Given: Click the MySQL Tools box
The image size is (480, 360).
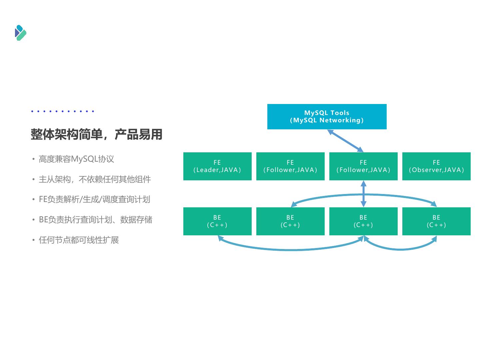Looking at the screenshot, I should pyautogui.click(x=327, y=116).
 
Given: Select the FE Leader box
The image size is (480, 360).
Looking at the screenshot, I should pyautogui.click(x=217, y=166).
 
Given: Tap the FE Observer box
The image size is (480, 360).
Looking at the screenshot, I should pyautogui.click(x=436, y=166).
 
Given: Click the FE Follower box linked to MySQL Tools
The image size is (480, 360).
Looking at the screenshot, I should pyautogui.click(x=363, y=166).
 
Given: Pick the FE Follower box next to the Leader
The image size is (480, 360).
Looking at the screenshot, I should pyautogui.click(x=290, y=166).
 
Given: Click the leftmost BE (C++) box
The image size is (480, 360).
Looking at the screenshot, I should pyautogui.click(x=217, y=221).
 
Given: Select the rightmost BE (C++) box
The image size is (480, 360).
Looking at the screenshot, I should pyautogui.click(x=436, y=221).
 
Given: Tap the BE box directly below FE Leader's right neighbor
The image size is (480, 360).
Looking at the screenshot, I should pyautogui.click(x=290, y=221).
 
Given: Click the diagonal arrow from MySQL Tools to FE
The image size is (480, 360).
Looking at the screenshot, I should pyautogui.click(x=345, y=141).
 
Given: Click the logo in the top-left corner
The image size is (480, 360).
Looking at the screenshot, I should pyautogui.click(x=21, y=33).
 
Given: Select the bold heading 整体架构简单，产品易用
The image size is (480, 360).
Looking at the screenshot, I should pyautogui.click(x=96, y=134).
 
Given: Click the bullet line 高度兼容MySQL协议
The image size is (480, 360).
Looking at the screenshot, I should pyautogui.click(x=76, y=159).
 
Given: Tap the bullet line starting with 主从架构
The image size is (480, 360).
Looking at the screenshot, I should pyautogui.click(x=95, y=179).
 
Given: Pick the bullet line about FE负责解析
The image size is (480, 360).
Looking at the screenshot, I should pyautogui.click(x=94, y=199).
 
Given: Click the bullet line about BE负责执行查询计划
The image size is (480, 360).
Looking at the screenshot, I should pyautogui.click(x=95, y=220).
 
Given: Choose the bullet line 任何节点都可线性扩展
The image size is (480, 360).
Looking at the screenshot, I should pyautogui.click(x=79, y=240).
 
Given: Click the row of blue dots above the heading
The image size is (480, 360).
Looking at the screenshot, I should pyautogui.click(x=62, y=111).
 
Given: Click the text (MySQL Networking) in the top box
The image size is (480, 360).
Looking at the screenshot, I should pyautogui.click(x=327, y=120).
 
